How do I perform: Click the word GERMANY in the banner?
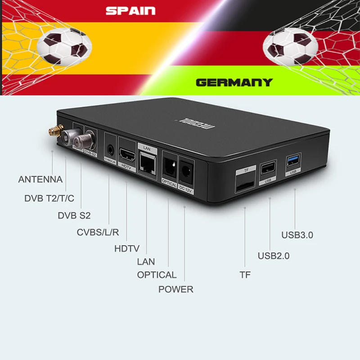tap(234, 82)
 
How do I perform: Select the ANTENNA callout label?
tap(40, 179)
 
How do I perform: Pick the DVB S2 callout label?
tap(74, 216)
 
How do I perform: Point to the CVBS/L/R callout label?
tap(98, 233)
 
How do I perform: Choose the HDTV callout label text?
tap(127, 248)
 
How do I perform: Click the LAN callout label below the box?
tap(146, 261)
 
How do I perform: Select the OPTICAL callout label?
tap(157, 275)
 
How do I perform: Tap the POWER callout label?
tap(175, 289)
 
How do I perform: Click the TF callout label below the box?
tap(245, 274)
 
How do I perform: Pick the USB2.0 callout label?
tap(273, 256)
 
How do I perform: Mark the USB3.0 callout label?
tap(297, 235)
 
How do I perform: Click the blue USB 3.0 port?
tap(293, 159)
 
